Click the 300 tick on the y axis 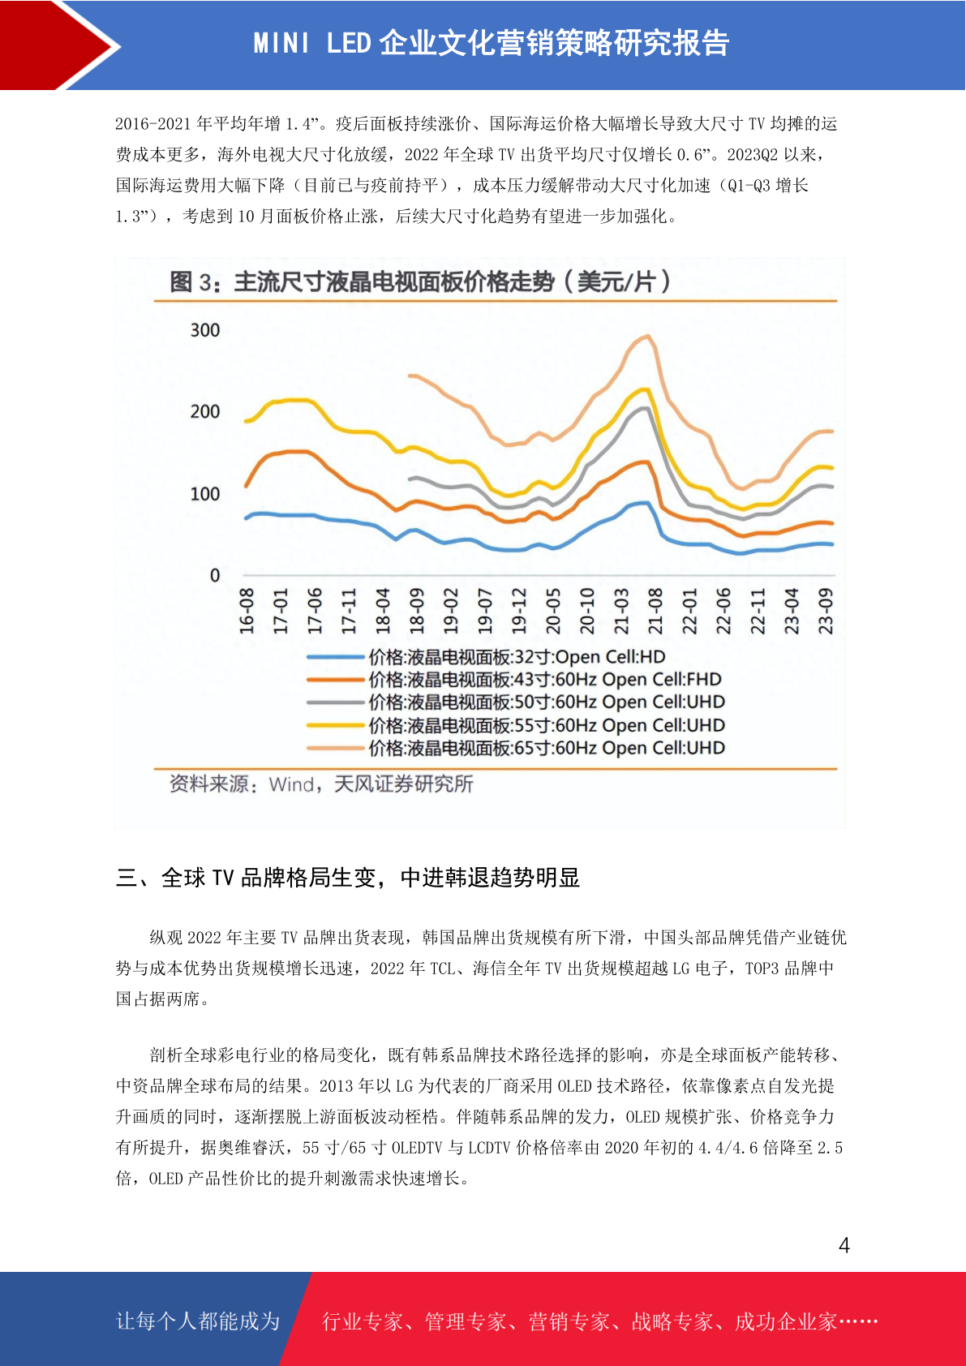point(205,330)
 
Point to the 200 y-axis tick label point(205,411)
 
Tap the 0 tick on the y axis point(215,575)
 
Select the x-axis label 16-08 point(247,611)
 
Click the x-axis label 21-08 point(655,611)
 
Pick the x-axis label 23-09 point(825,611)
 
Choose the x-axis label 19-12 point(518,611)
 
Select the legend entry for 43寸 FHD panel point(514,679)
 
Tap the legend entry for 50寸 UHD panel point(516,702)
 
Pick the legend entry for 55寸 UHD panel point(516,725)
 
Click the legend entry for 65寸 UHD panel point(516,748)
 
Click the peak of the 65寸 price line point(648,335)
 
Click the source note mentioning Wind point(320,784)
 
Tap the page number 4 point(844,1244)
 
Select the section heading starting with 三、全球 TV point(348,878)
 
